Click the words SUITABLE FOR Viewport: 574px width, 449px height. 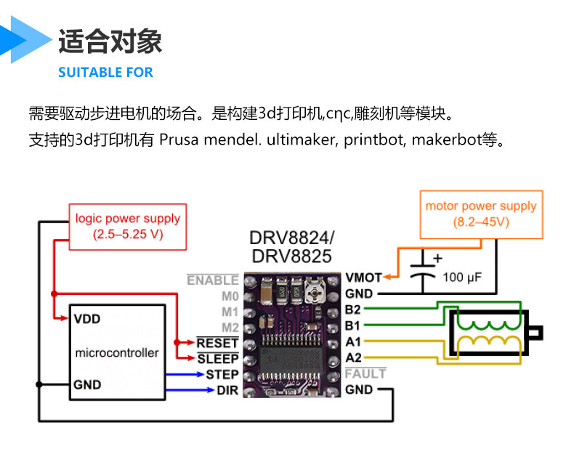coord(105,73)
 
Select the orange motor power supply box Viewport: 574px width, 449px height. coord(480,214)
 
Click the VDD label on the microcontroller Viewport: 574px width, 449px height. coord(88,318)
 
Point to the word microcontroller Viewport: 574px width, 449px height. coord(116,353)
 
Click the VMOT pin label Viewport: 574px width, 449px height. coord(363,278)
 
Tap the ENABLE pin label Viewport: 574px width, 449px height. coord(212,280)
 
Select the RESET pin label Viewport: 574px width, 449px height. coord(217,342)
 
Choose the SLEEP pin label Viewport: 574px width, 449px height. coord(217,358)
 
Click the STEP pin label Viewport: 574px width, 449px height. coord(222,374)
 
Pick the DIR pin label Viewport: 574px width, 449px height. coord(227,390)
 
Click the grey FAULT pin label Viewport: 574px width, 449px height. coord(365,373)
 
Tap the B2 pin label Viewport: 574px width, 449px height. coord(353,310)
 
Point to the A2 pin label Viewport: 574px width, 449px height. coord(353,357)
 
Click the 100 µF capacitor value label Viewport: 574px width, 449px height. coord(462,278)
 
